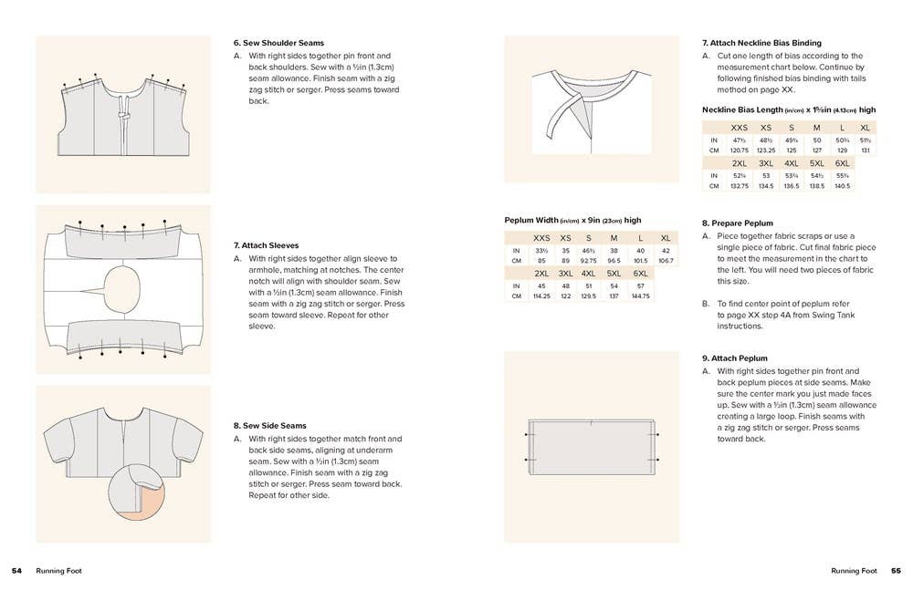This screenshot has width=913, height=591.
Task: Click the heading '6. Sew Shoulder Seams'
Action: pos(278,43)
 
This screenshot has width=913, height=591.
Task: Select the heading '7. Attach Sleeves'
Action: pos(266,245)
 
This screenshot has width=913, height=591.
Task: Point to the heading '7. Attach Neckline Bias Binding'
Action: pos(761,43)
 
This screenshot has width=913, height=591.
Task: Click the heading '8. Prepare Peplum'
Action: pos(737,223)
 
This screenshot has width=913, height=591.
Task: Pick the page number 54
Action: pos(16,571)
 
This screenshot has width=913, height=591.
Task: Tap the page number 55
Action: pos(896,571)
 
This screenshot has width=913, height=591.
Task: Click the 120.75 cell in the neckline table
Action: pos(740,150)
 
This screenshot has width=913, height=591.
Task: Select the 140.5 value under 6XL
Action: pos(842,186)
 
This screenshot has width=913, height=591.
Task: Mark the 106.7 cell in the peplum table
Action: pos(666,261)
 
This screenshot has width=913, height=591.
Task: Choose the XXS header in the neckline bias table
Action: pos(740,128)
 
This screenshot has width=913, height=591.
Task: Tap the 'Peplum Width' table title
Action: pos(572,221)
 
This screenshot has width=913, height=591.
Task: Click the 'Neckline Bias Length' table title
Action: pos(788,109)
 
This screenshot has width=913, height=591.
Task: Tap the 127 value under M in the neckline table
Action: pos(816,150)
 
